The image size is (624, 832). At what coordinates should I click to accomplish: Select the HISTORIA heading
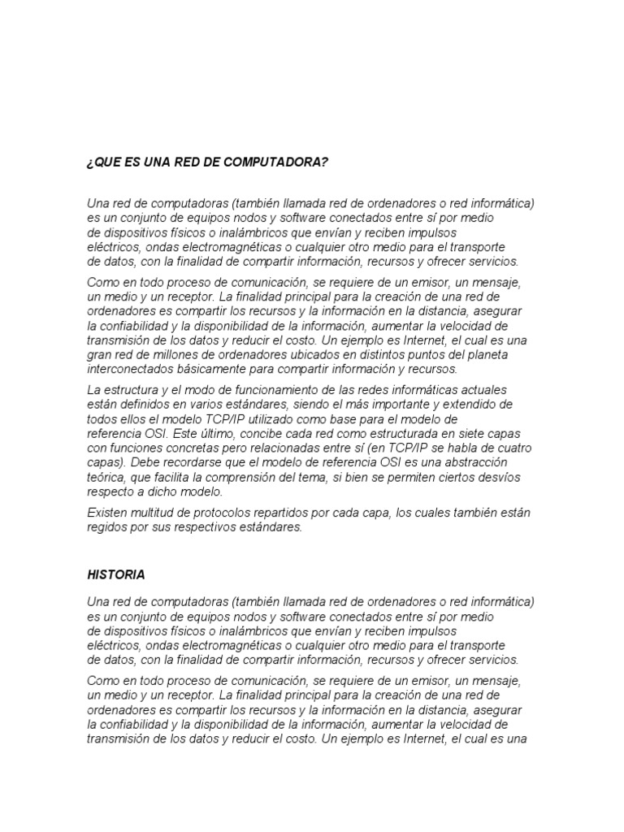(116, 574)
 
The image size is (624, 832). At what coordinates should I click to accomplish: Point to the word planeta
(509, 355)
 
